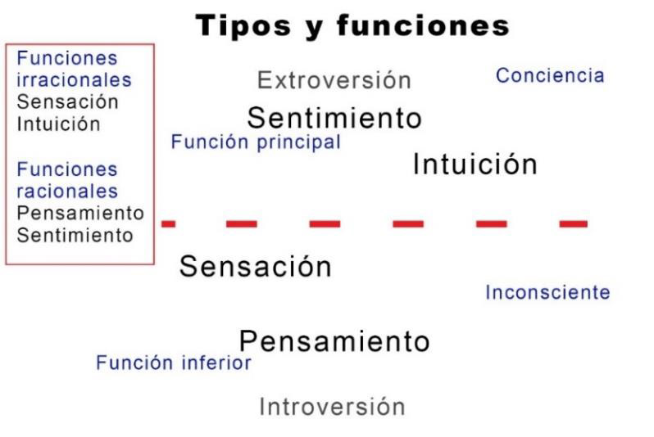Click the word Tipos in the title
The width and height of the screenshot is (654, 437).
pos(243,25)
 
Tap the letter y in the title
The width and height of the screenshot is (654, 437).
pos(314,29)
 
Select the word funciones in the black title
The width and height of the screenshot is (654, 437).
pos(423,25)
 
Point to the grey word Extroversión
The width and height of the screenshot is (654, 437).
pos(334,80)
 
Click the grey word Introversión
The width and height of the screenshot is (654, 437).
pos(332,406)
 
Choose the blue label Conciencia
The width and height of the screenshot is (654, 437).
pos(550,75)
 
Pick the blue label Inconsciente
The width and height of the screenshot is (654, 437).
pos(547,292)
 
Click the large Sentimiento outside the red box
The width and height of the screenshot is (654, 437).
pos(334,118)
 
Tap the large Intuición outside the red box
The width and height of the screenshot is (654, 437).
pos(475,164)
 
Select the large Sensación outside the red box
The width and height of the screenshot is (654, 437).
pos(255,266)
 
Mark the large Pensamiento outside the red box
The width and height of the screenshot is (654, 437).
pos(334,341)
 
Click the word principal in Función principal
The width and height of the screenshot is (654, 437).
pos(298,143)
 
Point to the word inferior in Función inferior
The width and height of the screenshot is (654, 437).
pos(216,363)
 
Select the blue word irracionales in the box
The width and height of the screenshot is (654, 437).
pos(75,79)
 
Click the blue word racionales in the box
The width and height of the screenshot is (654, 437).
pos(67,191)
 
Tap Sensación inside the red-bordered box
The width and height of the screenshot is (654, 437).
pos(67,101)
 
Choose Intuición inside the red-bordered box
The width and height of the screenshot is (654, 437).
pos(58,124)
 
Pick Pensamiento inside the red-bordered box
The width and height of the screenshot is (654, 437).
pos(80,213)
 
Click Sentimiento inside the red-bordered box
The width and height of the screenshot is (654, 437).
pos(75,235)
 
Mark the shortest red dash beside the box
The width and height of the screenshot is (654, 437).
pos(169,223)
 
